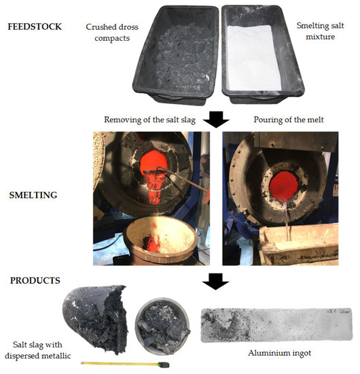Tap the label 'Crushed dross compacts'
point(109,33)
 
